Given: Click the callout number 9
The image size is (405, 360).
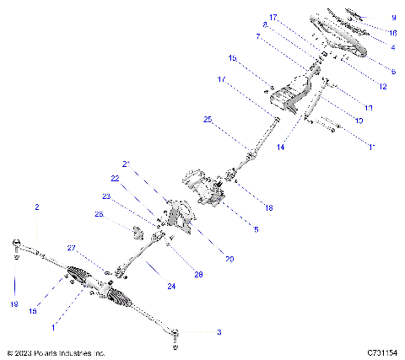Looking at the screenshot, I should (393, 18).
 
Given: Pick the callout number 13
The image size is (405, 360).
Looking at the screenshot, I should (368, 108).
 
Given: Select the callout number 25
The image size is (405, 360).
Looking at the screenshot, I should (208, 121).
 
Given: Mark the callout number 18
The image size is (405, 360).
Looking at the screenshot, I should (269, 206).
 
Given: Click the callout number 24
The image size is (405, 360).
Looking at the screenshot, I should (171, 287).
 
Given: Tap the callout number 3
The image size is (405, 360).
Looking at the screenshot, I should (219, 332).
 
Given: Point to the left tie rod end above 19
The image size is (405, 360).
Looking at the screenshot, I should (17, 245).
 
